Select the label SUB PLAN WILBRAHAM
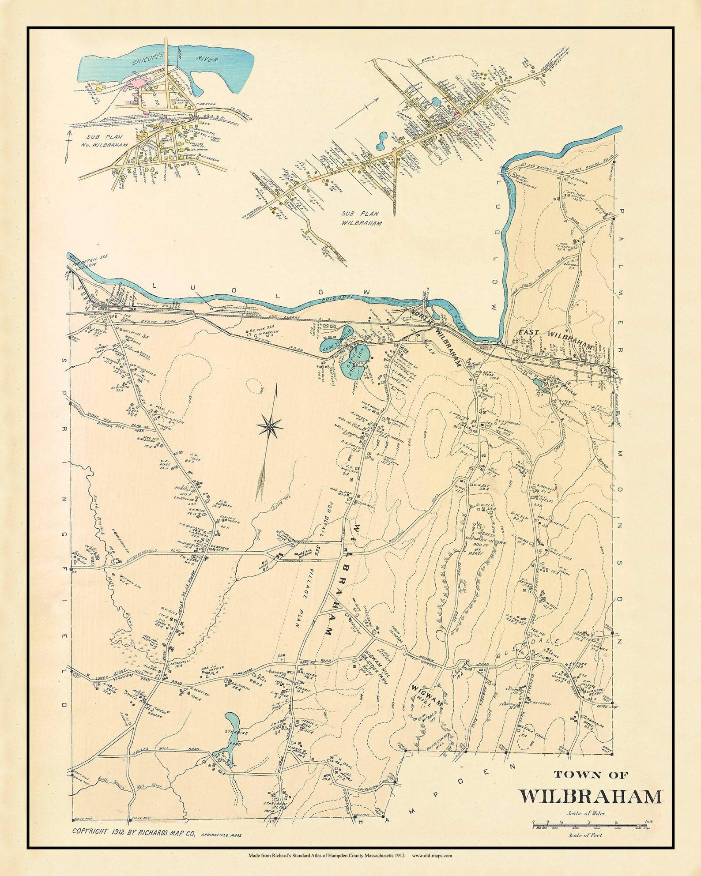pos(361,218)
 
